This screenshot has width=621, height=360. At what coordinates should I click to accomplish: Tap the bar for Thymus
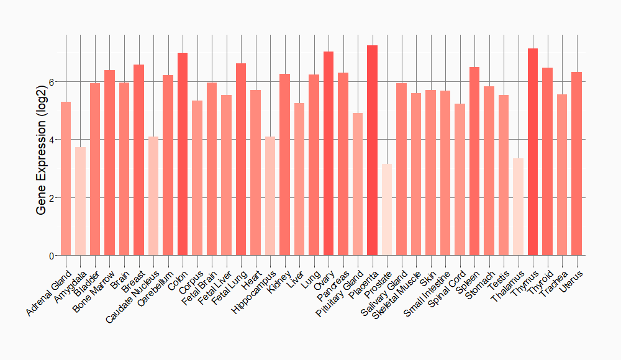(x=532, y=152)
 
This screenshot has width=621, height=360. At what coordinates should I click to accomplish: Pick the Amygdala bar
(x=80, y=201)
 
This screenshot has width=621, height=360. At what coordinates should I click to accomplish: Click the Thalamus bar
(x=518, y=207)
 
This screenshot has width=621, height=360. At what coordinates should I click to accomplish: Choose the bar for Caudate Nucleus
(x=153, y=196)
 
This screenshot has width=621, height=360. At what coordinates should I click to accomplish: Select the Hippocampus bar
(x=270, y=196)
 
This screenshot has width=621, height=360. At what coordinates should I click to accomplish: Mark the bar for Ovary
(x=329, y=153)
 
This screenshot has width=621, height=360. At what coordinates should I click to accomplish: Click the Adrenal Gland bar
(x=66, y=179)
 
